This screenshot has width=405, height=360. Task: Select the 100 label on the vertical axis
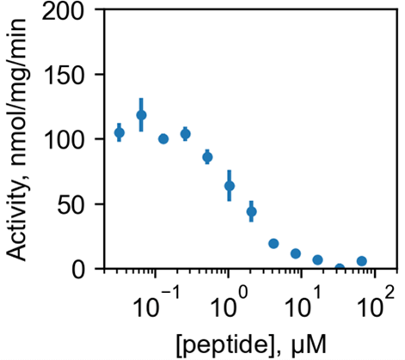[x=64, y=140]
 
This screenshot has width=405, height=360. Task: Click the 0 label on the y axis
[x=77, y=270]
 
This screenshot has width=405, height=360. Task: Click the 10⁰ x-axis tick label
[x=229, y=304]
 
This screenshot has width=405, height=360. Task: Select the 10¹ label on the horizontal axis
[x=302, y=304]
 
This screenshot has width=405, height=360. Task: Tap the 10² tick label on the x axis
[x=376, y=304]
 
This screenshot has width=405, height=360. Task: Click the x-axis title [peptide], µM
[x=250, y=345]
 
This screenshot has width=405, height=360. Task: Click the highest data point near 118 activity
[x=141, y=115]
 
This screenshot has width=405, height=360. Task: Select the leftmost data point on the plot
[x=120, y=132]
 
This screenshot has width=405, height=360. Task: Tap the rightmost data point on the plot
[x=362, y=261]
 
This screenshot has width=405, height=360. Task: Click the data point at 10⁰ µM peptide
[x=230, y=186]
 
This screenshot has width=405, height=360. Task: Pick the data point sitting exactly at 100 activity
[x=163, y=139]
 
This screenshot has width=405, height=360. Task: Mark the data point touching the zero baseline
[x=340, y=268]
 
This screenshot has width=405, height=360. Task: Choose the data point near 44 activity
[x=251, y=211]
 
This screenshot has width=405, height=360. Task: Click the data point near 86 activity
[x=207, y=157]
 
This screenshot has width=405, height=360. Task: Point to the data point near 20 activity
[x=273, y=243]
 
